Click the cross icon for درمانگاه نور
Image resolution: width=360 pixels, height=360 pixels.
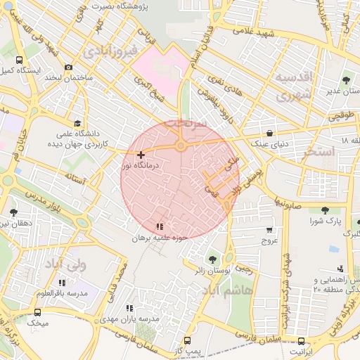point(141,155)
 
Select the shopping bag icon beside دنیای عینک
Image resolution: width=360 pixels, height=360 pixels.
point(271,132)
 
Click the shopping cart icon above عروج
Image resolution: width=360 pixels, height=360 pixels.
point(269,230)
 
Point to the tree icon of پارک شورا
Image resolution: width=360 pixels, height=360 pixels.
point(324,210)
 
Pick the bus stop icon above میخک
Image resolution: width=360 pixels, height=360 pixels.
point(37,311)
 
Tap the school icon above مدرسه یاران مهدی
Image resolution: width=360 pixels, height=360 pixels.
point(128,308)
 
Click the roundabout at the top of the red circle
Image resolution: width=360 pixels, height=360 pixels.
point(181,146)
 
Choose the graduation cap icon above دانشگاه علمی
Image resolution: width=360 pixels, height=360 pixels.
point(77,122)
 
